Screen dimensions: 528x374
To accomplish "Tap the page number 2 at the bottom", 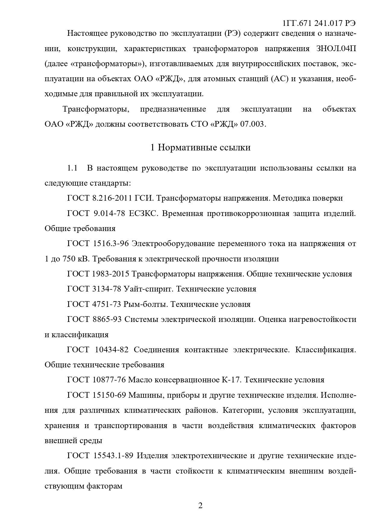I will pos(200,505).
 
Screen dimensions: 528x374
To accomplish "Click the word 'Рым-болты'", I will pos(146,304).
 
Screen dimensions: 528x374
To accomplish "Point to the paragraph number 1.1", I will pos(72,168).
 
